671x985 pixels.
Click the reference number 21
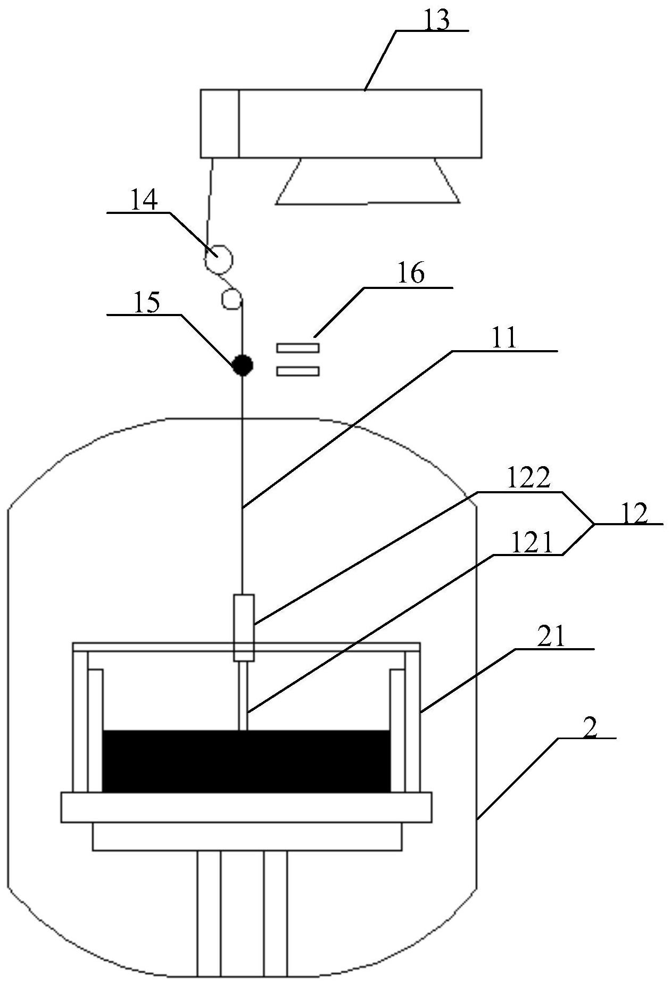pyautogui.click(x=551, y=638)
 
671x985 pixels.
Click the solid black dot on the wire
pyautogui.click(x=243, y=365)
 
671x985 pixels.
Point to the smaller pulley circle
pyautogui.click(x=232, y=299)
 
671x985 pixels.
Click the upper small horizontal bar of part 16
pyautogui.click(x=297, y=348)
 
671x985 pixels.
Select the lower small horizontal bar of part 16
pyautogui.click(x=297, y=371)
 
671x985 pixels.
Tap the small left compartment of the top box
pyautogui.click(x=220, y=123)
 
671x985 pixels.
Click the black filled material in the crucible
pyautogui.click(x=246, y=760)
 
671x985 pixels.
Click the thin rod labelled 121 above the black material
pyautogui.click(x=243, y=696)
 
